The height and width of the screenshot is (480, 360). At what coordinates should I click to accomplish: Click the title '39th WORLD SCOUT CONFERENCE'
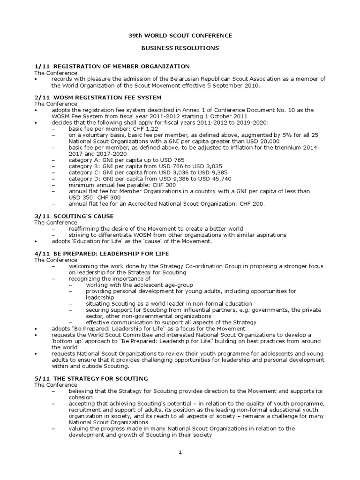[x=180, y=36]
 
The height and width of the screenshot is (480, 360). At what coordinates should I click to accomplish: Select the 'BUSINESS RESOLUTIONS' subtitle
[x=180, y=48]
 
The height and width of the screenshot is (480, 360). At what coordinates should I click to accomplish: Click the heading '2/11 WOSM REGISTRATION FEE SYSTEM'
[x=97, y=97]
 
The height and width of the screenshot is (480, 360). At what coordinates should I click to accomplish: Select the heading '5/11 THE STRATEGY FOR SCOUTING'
[x=91, y=378]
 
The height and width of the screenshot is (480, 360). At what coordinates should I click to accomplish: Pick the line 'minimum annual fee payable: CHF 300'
[x=123, y=185]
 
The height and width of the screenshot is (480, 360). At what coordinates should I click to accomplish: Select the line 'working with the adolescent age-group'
[x=139, y=285]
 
